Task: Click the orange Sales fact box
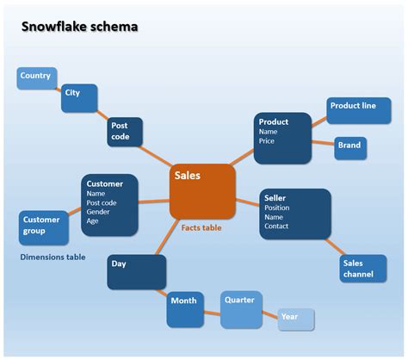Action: (x=201, y=190)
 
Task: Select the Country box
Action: (x=37, y=78)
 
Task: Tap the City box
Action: (x=78, y=99)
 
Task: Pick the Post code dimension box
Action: (x=125, y=132)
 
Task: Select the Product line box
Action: (x=353, y=110)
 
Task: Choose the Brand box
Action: (x=350, y=147)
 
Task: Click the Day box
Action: (x=136, y=271)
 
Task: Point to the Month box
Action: (x=184, y=308)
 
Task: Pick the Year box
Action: (x=295, y=319)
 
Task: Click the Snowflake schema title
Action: (x=79, y=27)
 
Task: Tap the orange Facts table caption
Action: (x=201, y=228)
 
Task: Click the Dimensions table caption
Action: (x=53, y=257)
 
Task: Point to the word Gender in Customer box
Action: (x=98, y=212)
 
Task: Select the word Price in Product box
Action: (x=267, y=140)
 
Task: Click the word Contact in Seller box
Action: (x=276, y=226)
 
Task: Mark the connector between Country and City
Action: (x=59, y=89)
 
